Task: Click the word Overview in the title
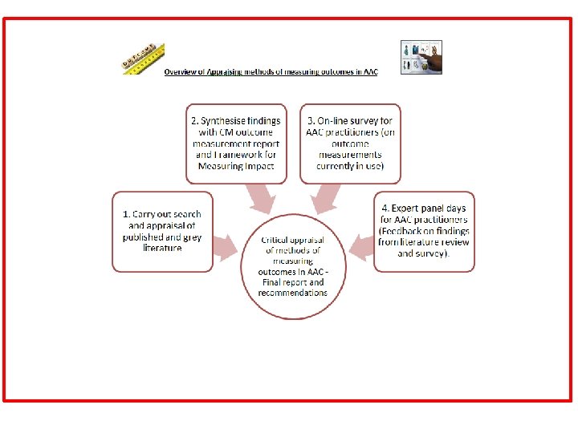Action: pyautogui.click(x=181, y=71)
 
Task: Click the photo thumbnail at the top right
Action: pyautogui.click(x=421, y=57)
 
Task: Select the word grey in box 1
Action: pyautogui.click(x=175, y=237)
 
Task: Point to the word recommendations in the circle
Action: pyautogui.click(x=293, y=293)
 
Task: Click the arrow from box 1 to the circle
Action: pyautogui.click(x=226, y=246)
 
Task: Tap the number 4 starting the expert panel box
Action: pyautogui.click(x=385, y=208)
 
